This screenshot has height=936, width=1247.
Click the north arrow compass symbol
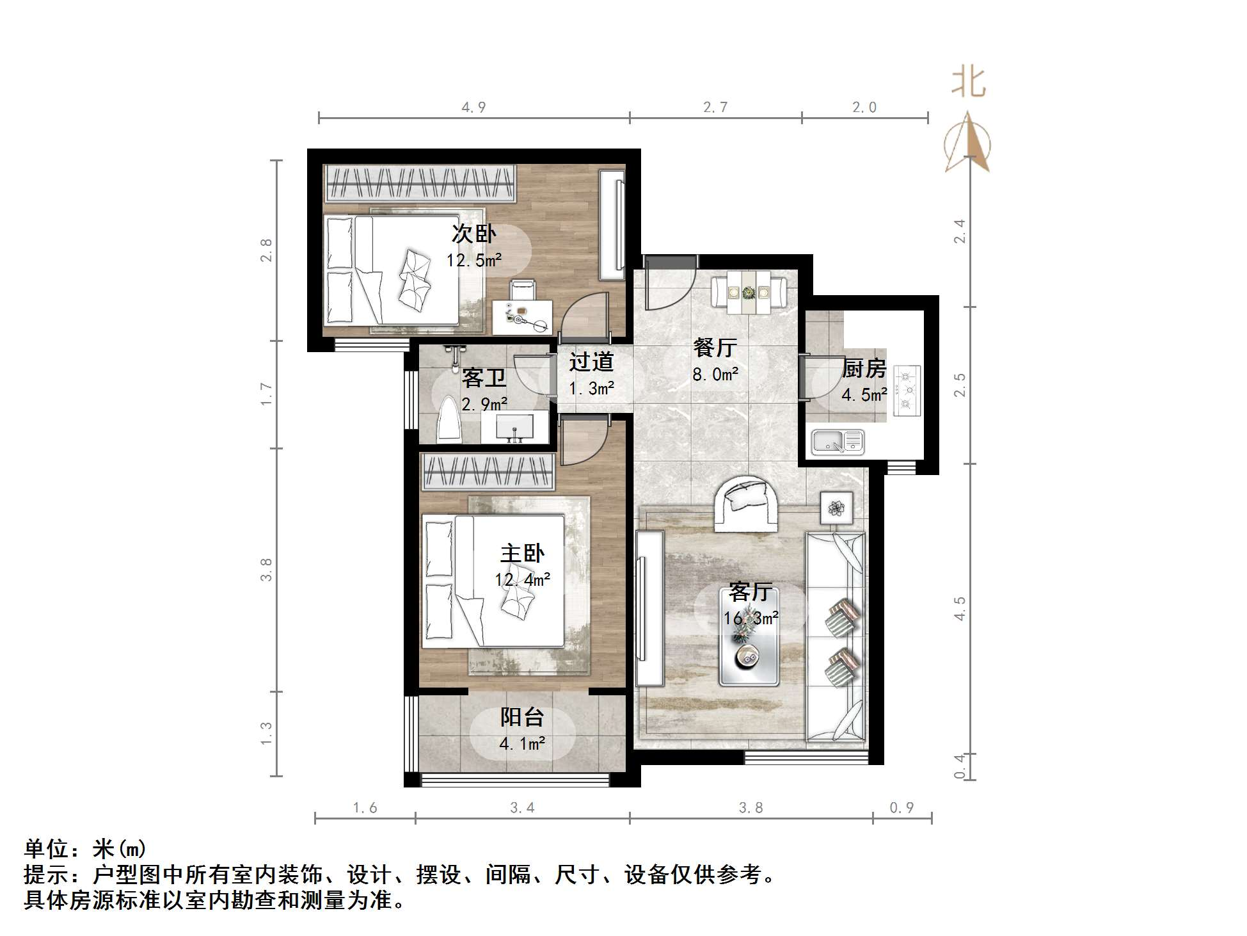pyautogui.click(x=968, y=142)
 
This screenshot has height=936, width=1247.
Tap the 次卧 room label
pyautogui.click(x=473, y=234)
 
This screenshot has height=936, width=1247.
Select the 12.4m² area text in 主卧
pyautogui.click(x=522, y=580)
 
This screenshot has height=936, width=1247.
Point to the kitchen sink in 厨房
pyautogui.click(x=838, y=441)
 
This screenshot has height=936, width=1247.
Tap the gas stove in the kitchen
pyautogui.click(x=906, y=391)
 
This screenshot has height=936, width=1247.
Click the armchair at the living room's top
pyautogui.click(x=746, y=503)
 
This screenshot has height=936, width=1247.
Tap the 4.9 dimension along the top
pyautogui.click(x=473, y=108)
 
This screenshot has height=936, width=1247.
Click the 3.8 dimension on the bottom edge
pyautogui.click(x=751, y=808)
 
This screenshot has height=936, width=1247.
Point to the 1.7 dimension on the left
pyautogui.click(x=266, y=394)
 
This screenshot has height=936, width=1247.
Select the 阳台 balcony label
pyautogui.click(x=522, y=717)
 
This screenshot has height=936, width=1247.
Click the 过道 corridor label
pyautogui.click(x=591, y=362)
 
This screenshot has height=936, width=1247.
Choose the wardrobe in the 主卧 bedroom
pyautogui.click(x=487, y=472)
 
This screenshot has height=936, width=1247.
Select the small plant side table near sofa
pyautogui.click(x=836, y=508)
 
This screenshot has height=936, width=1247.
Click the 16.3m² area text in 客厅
pyautogui.click(x=751, y=618)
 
